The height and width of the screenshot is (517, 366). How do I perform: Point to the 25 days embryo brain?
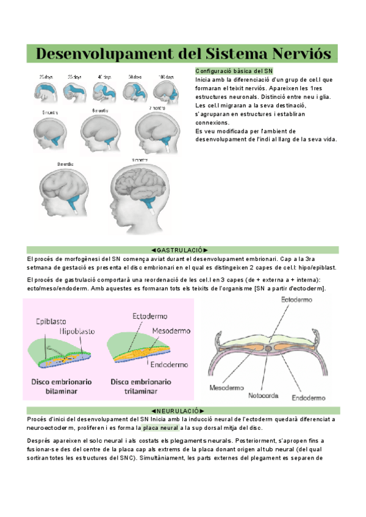point(45,92)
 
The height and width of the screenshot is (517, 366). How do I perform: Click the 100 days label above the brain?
point(165,77)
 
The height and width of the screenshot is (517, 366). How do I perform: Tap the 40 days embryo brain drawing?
point(103,92)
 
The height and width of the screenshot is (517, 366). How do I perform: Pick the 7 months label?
point(158,108)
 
